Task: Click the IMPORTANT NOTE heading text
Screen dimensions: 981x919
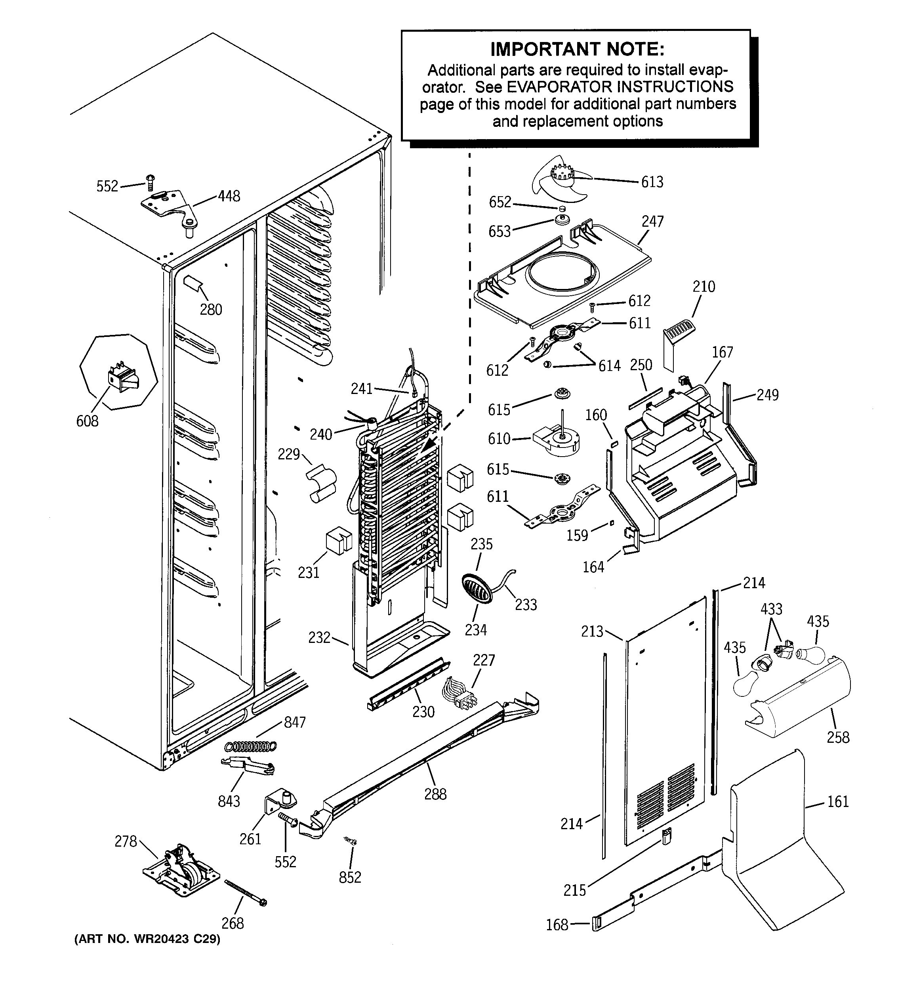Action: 577,49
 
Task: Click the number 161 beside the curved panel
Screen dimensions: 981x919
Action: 838,801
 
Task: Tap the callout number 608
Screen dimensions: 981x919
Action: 87,421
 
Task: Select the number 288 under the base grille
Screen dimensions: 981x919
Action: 435,794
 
